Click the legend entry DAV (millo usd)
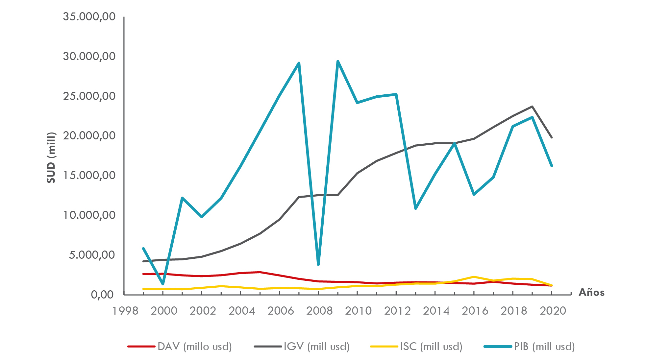click(194, 347)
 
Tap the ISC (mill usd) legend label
click(431, 347)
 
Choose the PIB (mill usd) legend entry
click(544, 347)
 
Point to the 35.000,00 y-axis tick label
click(89, 16)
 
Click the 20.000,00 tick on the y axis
click(89, 135)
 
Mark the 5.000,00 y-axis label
click(92, 255)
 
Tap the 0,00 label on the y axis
click(102, 295)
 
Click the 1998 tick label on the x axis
click(125, 311)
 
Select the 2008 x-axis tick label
click(319, 311)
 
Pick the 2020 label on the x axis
click(553, 311)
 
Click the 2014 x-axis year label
click(436, 311)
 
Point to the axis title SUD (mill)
click(51, 157)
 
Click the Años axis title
click(591, 292)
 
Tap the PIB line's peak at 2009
click(338, 61)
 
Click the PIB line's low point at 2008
click(318, 264)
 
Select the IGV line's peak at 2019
click(532, 107)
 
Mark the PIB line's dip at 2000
click(163, 284)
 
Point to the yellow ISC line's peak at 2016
click(474, 277)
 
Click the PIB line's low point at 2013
click(416, 208)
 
